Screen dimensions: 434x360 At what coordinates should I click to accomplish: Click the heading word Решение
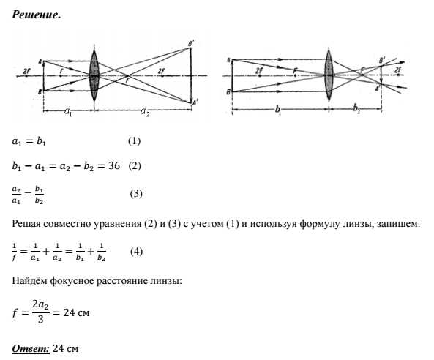click(x=36, y=15)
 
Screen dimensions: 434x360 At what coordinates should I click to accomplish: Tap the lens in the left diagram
click(x=94, y=75)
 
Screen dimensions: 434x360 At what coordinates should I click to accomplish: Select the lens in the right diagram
click(x=329, y=75)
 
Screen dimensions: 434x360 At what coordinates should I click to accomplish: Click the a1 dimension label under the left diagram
click(x=68, y=112)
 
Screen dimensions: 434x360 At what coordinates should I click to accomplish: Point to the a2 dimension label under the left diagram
click(x=145, y=112)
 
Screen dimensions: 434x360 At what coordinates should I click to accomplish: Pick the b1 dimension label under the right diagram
click(x=278, y=110)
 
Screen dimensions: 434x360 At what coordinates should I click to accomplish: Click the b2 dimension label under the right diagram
click(x=356, y=109)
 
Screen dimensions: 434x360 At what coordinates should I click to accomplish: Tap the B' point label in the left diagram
click(x=191, y=44)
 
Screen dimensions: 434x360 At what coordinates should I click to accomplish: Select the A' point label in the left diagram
click(x=195, y=102)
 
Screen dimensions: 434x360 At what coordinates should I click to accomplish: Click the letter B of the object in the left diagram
click(x=40, y=92)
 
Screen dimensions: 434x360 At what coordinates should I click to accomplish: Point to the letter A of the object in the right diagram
click(x=229, y=60)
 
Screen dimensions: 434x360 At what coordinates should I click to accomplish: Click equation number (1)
click(x=134, y=141)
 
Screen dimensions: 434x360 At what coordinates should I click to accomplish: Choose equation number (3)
click(x=136, y=194)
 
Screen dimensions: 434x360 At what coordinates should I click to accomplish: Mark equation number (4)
click(x=136, y=252)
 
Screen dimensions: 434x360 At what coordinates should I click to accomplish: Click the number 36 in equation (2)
click(x=114, y=165)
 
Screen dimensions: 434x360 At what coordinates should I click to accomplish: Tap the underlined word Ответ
click(x=31, y=348)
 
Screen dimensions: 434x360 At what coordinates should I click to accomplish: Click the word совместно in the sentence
click(x=70, y=223)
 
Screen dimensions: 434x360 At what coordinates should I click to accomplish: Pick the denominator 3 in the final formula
click(x=41, y=319)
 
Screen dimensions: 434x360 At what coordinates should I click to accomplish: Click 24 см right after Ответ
click(x=65, y=348)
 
